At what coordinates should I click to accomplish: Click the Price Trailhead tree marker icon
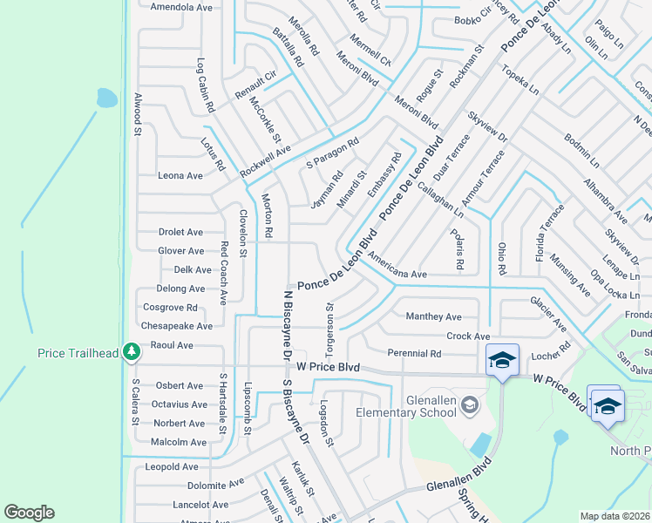tap(132, 351)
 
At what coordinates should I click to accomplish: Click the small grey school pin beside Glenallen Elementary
tap(471, 404)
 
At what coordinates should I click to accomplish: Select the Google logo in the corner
tap(30, 513)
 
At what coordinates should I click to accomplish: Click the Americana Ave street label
tap(397, 267)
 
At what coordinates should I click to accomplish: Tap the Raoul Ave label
tap(172, 345)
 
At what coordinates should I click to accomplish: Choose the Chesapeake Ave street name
tap(177, 326)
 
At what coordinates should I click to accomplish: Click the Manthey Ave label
tap(434, 316)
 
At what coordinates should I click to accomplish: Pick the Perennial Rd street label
tap(415, 354)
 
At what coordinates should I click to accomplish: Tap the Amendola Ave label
tap(181, 7)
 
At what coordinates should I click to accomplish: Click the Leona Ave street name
tap(180, 175)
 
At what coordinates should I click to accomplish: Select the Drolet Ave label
tap(180, 233)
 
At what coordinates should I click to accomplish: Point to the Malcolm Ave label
tap(179, 442)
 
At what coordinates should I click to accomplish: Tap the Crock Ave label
tap(468, 336)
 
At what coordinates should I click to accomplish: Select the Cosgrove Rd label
tap(170, 307)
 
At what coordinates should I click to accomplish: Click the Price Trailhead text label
tap(77, 353)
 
